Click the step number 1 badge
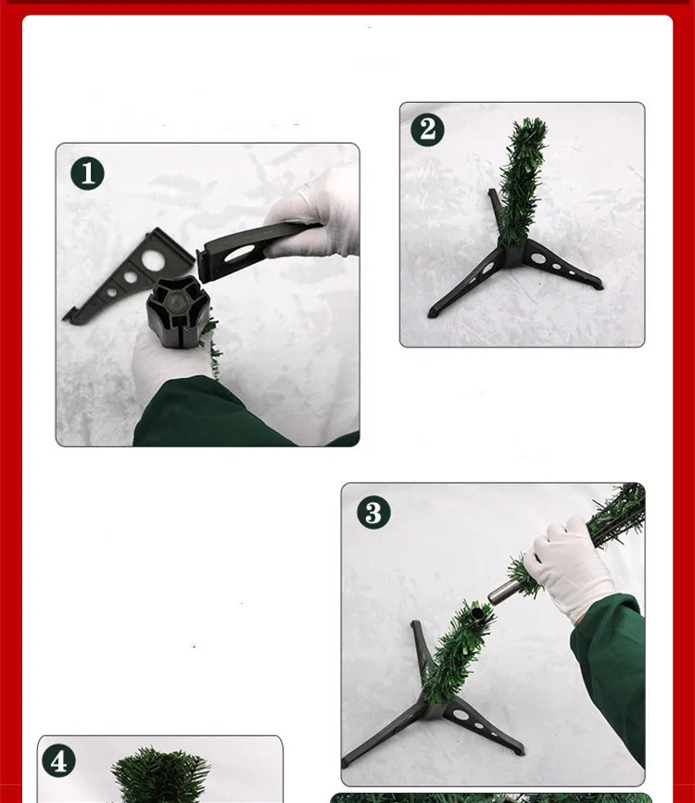tap(88, 173)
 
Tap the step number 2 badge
tap(427, 130)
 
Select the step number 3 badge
tap(373, 512)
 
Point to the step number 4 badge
tap(58, 761)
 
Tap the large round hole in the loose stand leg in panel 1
tap(153, 259)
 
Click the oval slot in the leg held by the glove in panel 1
tap(239, 253)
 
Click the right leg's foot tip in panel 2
tap(598, 284)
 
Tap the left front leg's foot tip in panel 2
tap(433, 312)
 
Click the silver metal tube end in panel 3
tap(494, 596)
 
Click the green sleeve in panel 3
tap(610, 676)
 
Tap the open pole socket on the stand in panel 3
tap(477, 614)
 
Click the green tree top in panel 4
tap(160, 775)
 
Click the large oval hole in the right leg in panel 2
tap(538, 258)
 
